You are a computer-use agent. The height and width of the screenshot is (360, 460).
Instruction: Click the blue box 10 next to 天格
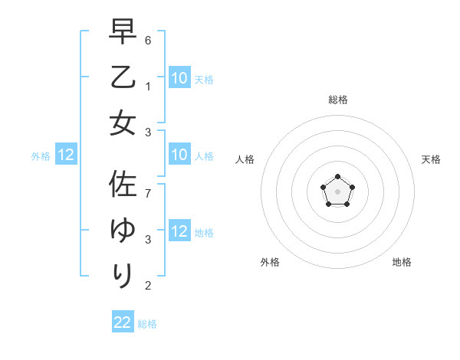click(x=179, y=77)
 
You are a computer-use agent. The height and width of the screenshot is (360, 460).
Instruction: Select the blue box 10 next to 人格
click(x=179, y=155)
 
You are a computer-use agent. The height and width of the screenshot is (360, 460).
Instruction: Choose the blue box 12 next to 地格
click(x=179, y=231)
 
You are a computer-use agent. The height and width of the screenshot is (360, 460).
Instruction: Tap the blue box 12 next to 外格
click(x=66, y=155)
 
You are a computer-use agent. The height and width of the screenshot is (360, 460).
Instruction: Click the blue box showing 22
click(x=123, y=322)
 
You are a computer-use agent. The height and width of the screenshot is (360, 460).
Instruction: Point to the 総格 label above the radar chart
click(x=338, y=100)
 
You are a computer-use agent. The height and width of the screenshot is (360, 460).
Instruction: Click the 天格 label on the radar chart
click(x=432, y=159)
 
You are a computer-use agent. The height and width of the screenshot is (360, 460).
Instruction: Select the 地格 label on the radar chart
click(x=402, y=263)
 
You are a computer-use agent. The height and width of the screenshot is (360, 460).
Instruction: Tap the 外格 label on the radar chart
click(x=270, y=263)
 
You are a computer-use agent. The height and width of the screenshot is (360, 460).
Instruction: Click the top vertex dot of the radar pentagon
click(x=337, y=178)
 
